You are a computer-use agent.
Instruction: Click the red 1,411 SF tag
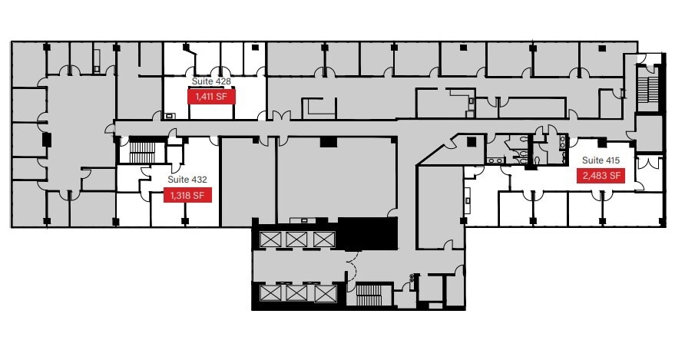pyautogui.click(x=211, y=97)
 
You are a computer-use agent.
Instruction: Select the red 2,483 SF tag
pyautogui.click(x=599, y=176)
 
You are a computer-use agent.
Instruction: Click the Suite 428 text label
pyautogui.click(x=210, y=81)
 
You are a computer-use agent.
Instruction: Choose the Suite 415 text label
pyautogui.click(x=600, y=160)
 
